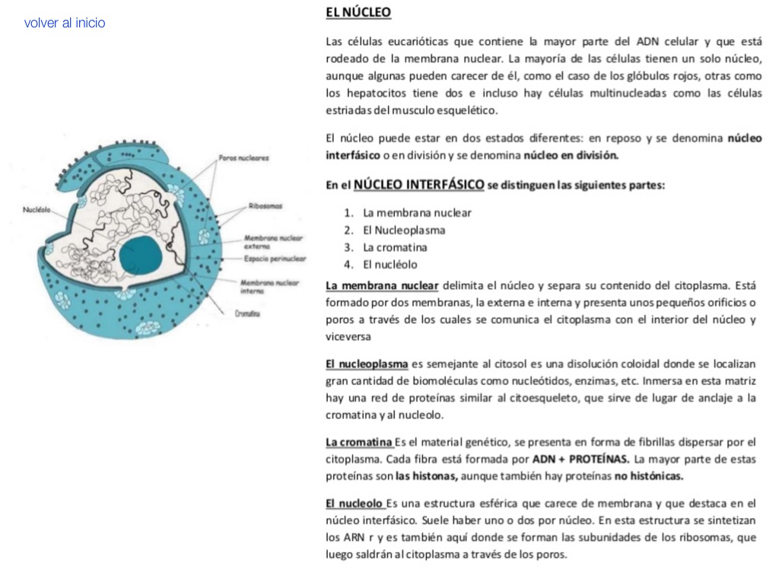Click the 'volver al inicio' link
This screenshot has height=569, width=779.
(65, 23)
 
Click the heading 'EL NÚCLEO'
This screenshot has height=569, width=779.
(358, 13)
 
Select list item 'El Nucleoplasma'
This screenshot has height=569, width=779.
(404, 230)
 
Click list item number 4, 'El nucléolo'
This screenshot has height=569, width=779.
(390, 265)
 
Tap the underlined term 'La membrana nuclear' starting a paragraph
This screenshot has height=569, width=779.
(382, 285)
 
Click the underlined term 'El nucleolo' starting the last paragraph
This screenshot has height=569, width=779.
(354, 503)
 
